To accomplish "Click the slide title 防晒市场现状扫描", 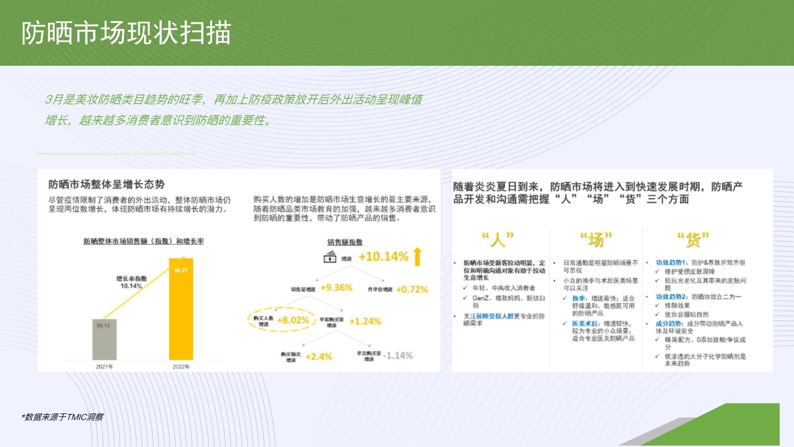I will (127, 34).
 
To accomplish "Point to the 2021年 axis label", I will (104, 366).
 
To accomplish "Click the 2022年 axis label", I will (181, 366).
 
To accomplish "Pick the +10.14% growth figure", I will (383, 256).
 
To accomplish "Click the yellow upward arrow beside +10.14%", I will (417, 256).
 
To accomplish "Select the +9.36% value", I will (337, 287).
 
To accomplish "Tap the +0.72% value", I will (412, 289).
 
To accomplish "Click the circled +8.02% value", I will (292, 320).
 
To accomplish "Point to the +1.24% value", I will (365, 321).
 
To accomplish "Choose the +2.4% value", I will (318, 356).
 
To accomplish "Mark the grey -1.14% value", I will (398, 355).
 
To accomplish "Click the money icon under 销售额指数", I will (329, 256).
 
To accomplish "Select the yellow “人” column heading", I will (498, 240).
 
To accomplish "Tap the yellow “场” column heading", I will (595, 240).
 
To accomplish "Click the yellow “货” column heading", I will (692, 240).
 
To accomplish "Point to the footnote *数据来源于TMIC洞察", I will (62, 417).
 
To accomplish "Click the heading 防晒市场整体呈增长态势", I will (107, 184).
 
